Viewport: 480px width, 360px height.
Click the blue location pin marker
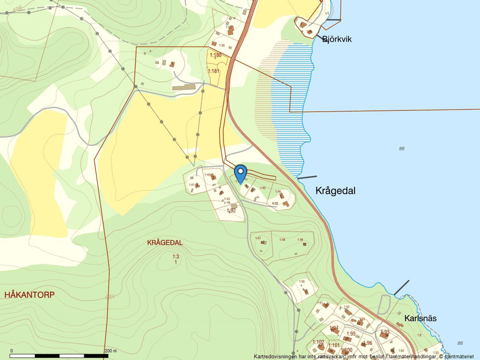coord(240,173)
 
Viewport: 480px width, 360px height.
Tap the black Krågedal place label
coord(335,190)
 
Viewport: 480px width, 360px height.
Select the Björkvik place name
coord(337,39)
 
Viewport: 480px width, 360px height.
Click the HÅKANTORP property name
coord(29,295)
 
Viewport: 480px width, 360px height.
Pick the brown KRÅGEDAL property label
coord(165,243)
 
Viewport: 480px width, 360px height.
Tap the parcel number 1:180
coord(215,55)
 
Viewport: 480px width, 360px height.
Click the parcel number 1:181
coord(214,71)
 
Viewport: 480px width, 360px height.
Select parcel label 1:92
coord(231,211)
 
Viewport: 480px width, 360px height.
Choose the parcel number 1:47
coord(258,238)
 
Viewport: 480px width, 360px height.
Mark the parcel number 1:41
coord(191,185)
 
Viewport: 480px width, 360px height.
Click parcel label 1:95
coord(350,334)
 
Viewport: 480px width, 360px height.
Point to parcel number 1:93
coord(385,332)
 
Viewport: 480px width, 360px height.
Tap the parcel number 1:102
coord(318,342)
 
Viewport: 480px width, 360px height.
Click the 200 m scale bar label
coord(111,351)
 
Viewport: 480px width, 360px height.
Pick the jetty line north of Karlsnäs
coord(401,287)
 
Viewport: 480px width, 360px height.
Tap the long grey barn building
coord(184,88)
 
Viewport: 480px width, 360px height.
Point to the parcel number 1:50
coord(302,281)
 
